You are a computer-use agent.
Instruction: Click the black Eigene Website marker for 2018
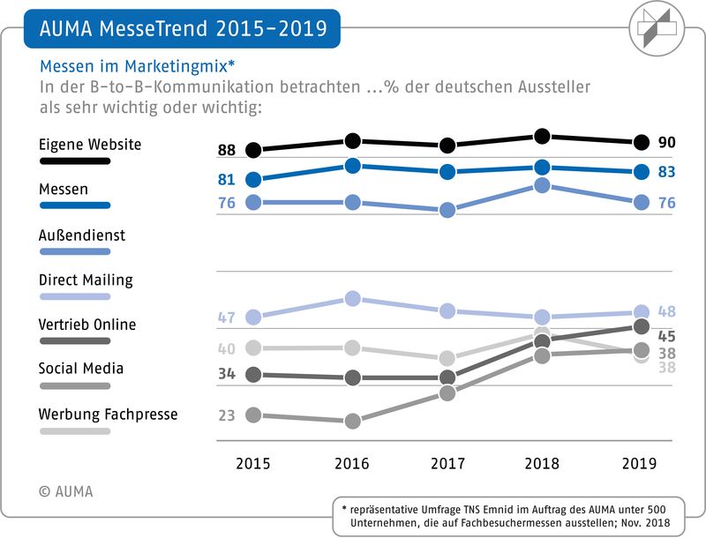point(543,136)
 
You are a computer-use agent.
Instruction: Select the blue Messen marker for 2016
point(353,166)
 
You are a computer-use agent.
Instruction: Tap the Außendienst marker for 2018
point(543,185)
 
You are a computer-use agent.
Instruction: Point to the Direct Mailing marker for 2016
point(353,298)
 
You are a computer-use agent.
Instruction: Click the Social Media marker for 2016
point(353,422)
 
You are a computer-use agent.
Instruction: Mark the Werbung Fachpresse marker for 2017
point(447,358)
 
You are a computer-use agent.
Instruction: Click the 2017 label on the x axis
point(447,463)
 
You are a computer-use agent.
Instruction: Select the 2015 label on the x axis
point(254,463)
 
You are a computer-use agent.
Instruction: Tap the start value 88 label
point(227,150)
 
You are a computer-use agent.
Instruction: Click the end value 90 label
point(667,142)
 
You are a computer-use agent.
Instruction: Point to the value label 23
point(227,415)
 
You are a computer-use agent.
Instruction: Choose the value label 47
point(227,318)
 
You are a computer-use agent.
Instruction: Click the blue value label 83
point(667,172)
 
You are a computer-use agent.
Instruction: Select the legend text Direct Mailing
point(86,280)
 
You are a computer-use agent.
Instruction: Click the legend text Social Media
point(80,369)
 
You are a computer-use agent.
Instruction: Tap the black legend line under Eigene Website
point(75,161)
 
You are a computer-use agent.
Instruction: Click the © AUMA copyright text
point(65,491)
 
